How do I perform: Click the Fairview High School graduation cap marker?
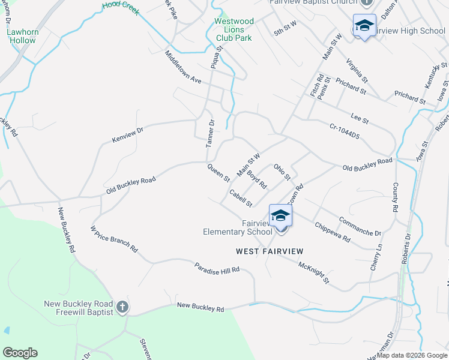[x=364, y=26]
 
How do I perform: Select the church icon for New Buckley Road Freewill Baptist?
[x=122, y=308]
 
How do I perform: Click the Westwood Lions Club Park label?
[x=234, y=29]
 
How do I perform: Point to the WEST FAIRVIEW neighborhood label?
[x=270, y=251]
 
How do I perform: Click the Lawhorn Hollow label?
[x=22, y=36]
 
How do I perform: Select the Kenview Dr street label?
[x=128, y=134]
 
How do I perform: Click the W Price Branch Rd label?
[x=114, y=238]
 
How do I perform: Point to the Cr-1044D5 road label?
[x=344, y=131]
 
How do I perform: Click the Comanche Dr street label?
[x=360, y=225]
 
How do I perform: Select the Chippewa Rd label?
[x=333, y=232]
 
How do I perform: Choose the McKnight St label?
[x=313, y=271]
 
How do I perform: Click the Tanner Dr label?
[x=210, y=134]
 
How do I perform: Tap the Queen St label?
[x=218, y=173]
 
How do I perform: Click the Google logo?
[x=20, y=353]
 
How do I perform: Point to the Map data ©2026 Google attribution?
[x=412, y=355]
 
